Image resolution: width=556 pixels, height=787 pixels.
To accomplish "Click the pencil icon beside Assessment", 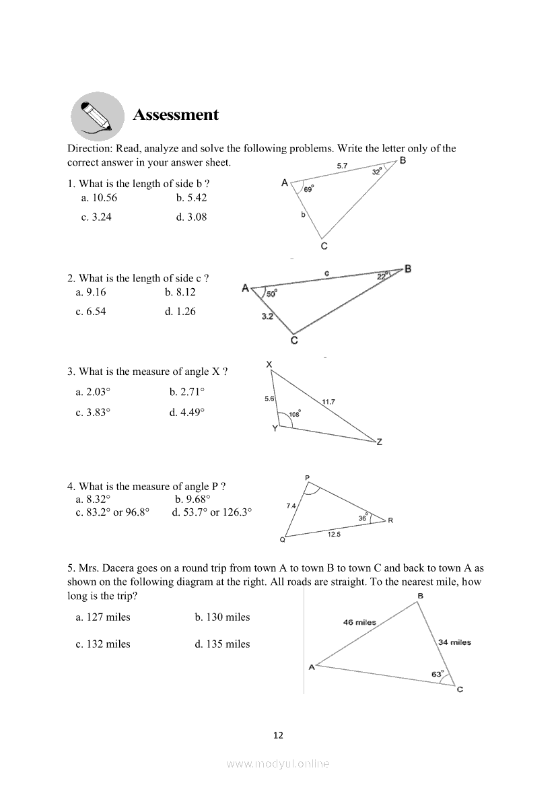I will click(98, 116).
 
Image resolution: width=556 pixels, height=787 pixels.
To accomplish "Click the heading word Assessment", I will click(176, 115).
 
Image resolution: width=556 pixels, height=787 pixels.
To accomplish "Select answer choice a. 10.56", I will click(99, 197).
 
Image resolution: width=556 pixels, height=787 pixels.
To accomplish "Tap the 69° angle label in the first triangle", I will click(308, 190).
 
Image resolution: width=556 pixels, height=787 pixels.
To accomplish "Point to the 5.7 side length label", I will click(342, 166).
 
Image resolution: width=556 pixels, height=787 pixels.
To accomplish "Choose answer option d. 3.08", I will click(192, 217).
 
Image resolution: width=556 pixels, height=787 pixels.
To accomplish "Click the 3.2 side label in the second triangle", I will click(267, 316).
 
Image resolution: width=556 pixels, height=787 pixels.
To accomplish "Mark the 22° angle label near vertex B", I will click(382, 275).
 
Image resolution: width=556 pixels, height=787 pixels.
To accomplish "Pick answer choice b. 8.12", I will click(180, 292).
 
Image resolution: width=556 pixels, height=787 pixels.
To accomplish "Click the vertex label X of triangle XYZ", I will click(269, 364).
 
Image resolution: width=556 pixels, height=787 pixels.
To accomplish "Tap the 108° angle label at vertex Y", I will click(295, 414).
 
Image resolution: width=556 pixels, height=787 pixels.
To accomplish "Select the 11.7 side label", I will click(328, 402).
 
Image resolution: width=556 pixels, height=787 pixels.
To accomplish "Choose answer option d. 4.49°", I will click(187, 412).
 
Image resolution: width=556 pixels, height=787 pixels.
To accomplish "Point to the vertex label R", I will click(391, 520).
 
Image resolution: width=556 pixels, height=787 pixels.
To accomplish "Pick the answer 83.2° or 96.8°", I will click(112, 512).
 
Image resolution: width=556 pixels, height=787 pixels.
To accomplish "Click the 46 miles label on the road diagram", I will click(359, 622).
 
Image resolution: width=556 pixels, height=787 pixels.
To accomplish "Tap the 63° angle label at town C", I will click(438, 674).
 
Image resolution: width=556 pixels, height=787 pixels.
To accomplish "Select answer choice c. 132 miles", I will click(103, 644).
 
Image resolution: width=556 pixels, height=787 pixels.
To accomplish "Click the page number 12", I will click(278, 735).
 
